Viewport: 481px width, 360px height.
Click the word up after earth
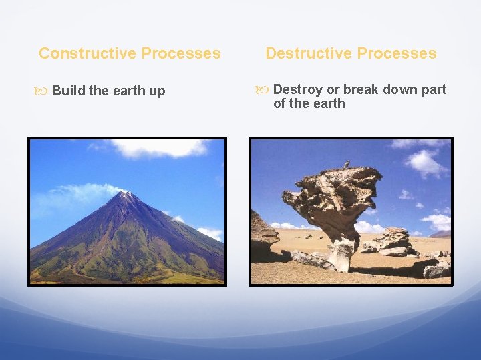coord(157,91)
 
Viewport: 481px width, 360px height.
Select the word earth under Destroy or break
coord(328,103)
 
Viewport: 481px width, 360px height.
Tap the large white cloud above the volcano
coord(160,148)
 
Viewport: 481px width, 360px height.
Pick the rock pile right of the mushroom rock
coord(394,241)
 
